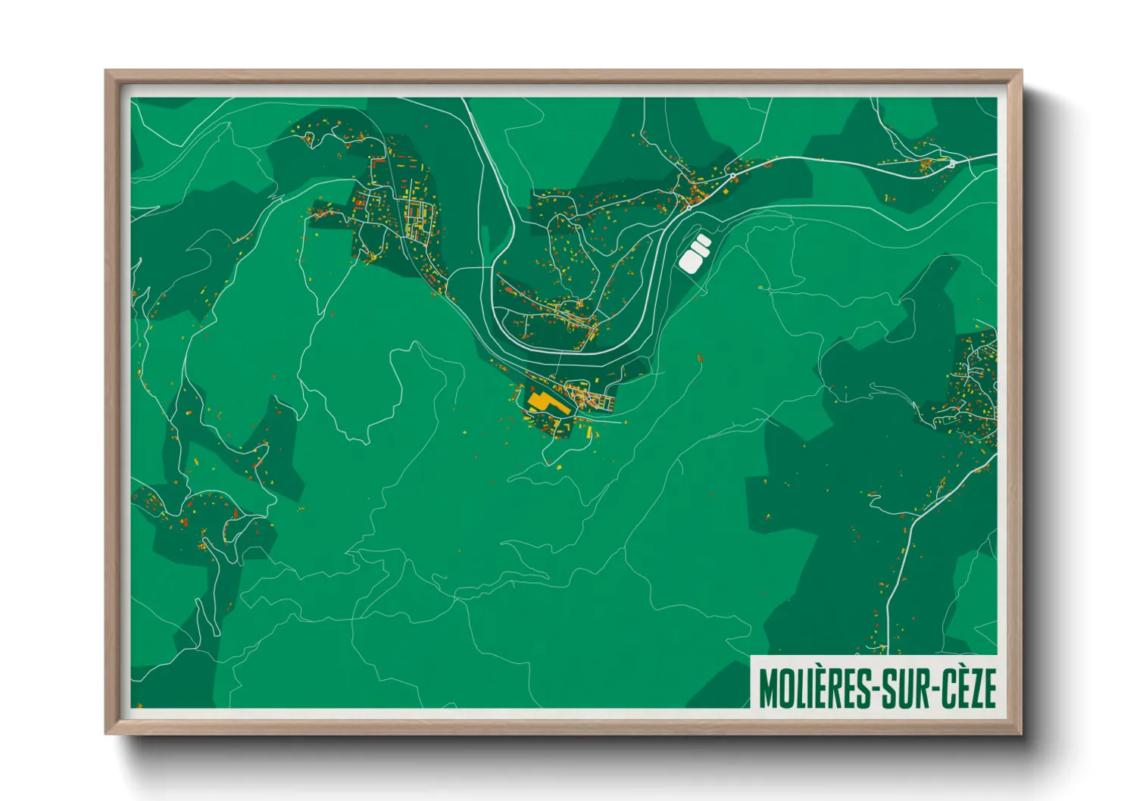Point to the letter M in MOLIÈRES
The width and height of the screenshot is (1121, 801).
tap(768, 687)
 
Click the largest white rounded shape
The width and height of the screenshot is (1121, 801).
tap(690, 260)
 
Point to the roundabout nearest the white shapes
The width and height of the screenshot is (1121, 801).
tap(732, 176)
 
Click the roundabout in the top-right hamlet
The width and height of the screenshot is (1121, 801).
tap(951, 162)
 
